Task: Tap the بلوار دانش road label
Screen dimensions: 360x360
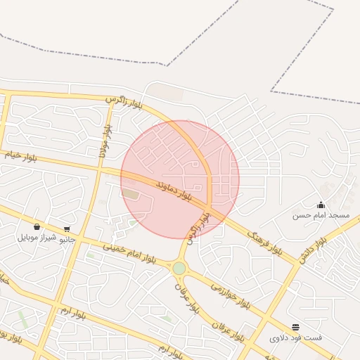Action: [312, 250]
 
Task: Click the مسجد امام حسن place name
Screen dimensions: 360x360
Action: [321, 215]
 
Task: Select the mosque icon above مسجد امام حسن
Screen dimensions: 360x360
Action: [321, 205]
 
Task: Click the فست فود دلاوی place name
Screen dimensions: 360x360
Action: [296, 338]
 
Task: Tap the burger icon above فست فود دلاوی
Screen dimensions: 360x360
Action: [296, 328]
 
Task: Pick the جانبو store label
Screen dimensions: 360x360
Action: [66, 239]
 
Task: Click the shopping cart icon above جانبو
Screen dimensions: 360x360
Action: [67, 229]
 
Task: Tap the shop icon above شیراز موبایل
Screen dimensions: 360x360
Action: [37, 227]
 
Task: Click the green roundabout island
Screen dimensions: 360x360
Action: [179, 268]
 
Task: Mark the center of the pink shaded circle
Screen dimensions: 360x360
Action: [180, 179]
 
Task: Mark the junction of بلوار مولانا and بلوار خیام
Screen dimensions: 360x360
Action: [99, 169]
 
